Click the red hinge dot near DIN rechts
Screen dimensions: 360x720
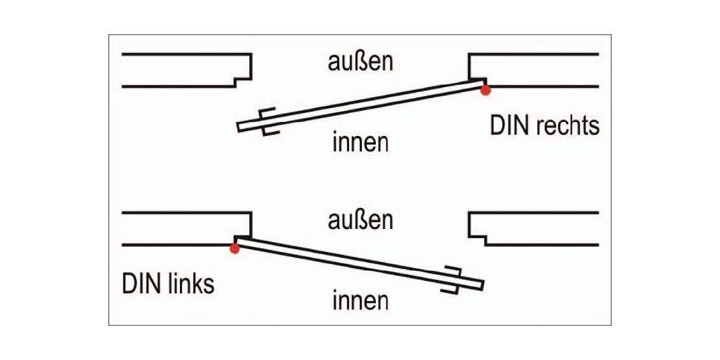point(486,90)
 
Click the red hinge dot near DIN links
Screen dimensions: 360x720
point(234,248)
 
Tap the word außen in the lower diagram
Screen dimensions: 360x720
point(359,220)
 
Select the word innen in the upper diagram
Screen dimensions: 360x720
point(360,142)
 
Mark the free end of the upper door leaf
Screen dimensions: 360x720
point(241,127)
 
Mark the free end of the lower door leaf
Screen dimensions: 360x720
point(479,285)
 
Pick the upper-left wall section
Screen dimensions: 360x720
point(180,70)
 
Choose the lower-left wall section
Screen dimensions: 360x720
point(180,228)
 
